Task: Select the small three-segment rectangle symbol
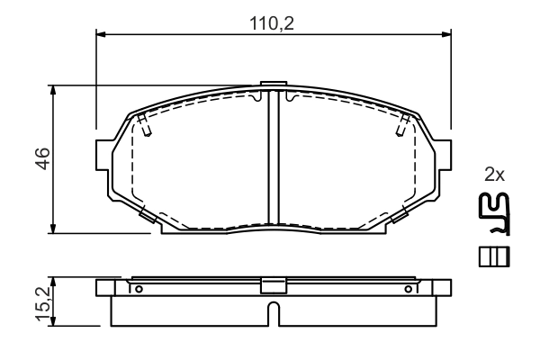pyautogui.click(x=494, y=256)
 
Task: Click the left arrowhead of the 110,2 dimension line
pyautogui.click(x=101, y=36)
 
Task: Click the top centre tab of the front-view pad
pyautogui.click(x=273, y=87)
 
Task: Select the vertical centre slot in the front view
pyautogui.click(x=273, y=157)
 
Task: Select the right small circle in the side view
pyautogui.click(x=408, y=289)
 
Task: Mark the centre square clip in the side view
pyautogui.click(x=273, y=285)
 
